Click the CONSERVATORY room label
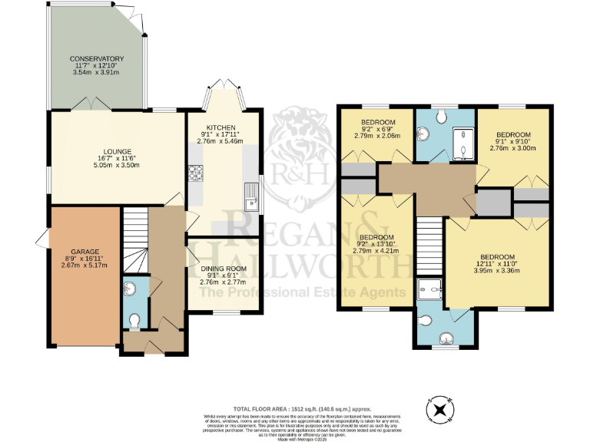(x=96, y=59)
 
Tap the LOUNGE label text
(x=119, y=151)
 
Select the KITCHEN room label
(x=221, y=127)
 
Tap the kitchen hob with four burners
(x=194, y=172)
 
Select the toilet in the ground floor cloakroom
(x=134, y=321)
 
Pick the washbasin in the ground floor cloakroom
(x=129, y=289)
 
